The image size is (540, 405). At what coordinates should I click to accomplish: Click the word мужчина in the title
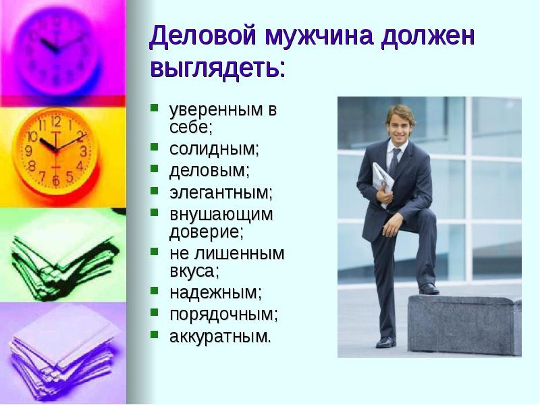319,36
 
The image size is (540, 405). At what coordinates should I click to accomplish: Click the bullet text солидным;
214,148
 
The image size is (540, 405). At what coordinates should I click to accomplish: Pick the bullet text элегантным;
221,192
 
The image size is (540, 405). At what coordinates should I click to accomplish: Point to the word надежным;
215,293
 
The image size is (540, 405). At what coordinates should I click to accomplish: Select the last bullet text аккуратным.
220,336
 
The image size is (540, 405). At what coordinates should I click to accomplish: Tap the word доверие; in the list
207,232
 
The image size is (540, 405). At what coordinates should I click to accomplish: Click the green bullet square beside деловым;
155,168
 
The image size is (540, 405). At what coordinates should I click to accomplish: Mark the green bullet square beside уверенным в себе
155,108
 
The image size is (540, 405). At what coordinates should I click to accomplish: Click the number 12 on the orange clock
56,122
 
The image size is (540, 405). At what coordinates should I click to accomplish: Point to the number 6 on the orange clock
56,180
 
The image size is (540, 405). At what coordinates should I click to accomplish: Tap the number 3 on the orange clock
83,151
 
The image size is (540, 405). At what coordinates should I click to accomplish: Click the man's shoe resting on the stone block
429,289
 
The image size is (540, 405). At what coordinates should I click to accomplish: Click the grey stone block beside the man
464,325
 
